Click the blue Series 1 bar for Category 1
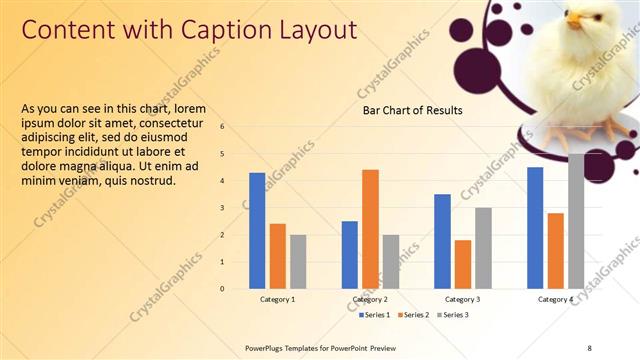(x=257, y=230)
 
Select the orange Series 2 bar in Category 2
(x=370, y=228)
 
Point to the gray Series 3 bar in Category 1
(x=298, y=261)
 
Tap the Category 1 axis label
(x=277, y=299)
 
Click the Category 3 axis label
(x=463, y=299)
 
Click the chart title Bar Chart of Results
(x=412, y=110)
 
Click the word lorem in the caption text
(x=190, y=108)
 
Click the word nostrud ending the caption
(x=152, y=181)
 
